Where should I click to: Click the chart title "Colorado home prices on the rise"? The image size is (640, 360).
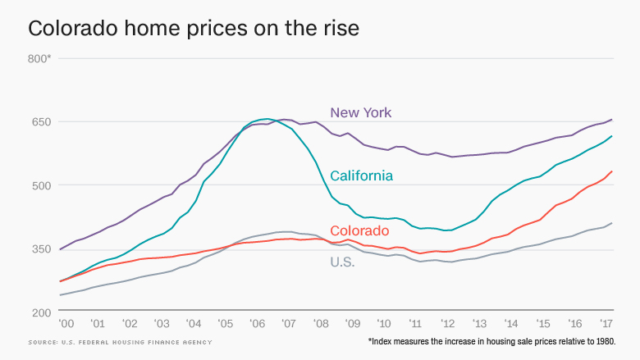[193, 29]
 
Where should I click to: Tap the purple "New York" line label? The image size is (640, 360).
[361, 112]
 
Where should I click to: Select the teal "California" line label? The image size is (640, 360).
[361, 175]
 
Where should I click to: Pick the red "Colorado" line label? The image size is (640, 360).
[359, 230]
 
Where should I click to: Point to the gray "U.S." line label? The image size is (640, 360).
[342, 262]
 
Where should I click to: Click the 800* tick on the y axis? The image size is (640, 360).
[39, 58]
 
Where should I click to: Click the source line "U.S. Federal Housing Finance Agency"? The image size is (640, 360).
[120, 342]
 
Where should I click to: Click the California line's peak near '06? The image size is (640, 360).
[267, 119]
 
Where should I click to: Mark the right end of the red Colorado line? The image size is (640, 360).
[612, 171]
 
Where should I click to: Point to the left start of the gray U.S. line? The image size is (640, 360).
[60, 295]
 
